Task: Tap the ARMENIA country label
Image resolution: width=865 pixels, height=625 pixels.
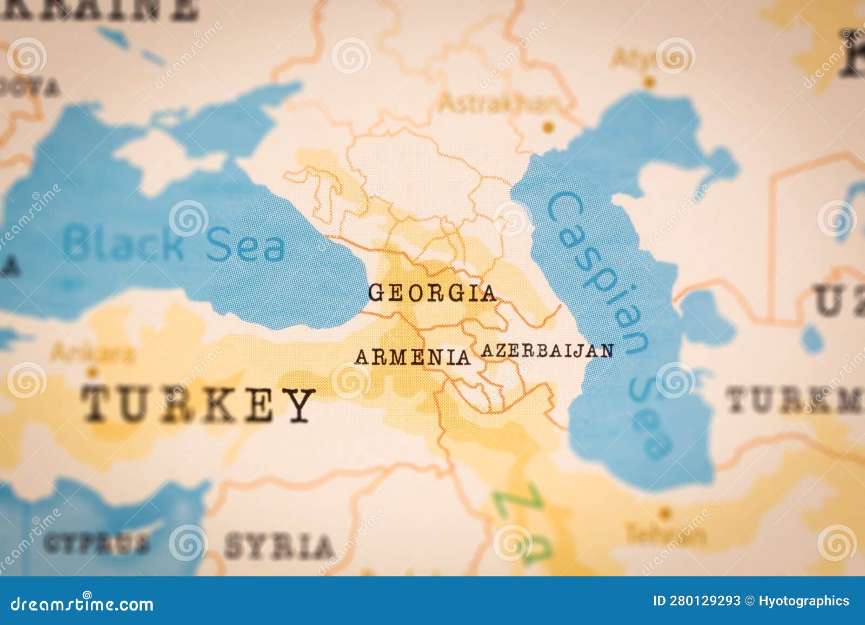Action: tap(412, 357)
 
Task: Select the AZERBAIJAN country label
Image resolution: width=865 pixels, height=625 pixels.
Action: tap(547, 351)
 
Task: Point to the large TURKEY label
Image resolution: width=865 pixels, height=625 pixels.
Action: tap(197, 405)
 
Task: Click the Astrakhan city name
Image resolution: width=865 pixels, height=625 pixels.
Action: tap(498, 102)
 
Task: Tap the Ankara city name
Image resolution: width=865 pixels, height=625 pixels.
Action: tap(92, 354)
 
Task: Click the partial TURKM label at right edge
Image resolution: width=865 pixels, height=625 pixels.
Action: tap(795, 401)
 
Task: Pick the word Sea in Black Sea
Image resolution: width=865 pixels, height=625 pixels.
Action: tap(246, 246)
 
